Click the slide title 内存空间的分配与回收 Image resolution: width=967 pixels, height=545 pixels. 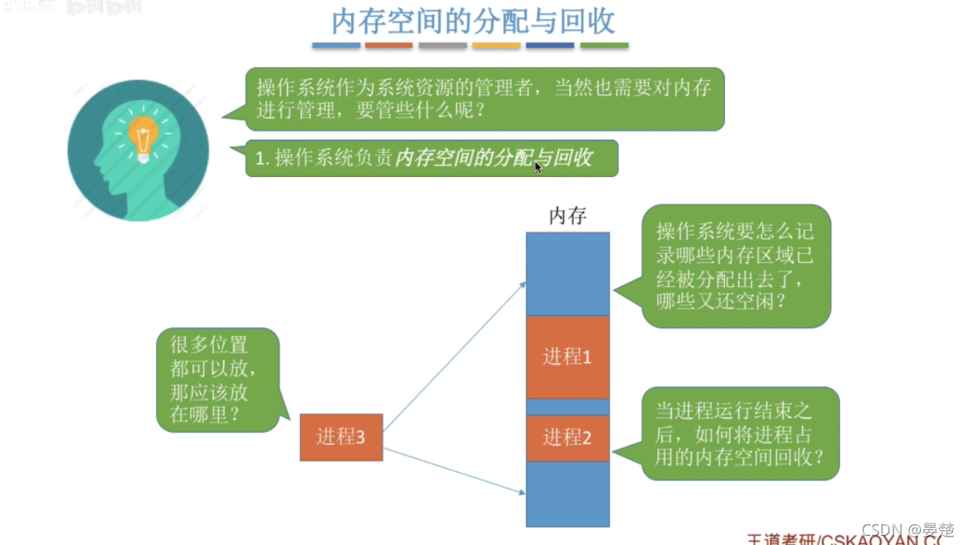point(474,22)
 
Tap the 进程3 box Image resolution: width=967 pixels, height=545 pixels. point(341,437)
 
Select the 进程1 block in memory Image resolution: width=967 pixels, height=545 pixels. point(568,356)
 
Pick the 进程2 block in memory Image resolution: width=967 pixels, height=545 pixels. point(568,438)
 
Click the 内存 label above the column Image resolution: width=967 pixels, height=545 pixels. point(568,217)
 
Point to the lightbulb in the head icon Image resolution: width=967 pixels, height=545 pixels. point(143,136)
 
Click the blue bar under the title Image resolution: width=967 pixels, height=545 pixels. point(336,45)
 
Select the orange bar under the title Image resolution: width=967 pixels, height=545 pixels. point(388,45)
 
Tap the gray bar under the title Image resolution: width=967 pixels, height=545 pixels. point(443,45)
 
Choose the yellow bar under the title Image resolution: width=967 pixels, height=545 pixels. point(496,45)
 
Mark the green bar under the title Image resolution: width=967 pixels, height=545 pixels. point(604,45)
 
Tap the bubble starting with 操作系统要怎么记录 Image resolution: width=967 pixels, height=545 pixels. point(736,265)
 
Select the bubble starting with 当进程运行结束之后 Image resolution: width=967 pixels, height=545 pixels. point(740,433)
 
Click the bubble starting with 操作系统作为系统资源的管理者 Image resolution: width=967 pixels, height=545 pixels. point(484,98)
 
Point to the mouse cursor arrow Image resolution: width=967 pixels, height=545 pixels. point(538,167)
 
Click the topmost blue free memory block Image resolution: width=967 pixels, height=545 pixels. point(568,273)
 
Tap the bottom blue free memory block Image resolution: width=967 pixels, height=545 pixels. point(568,494)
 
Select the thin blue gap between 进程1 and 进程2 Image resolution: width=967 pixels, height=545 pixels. point(568,407)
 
